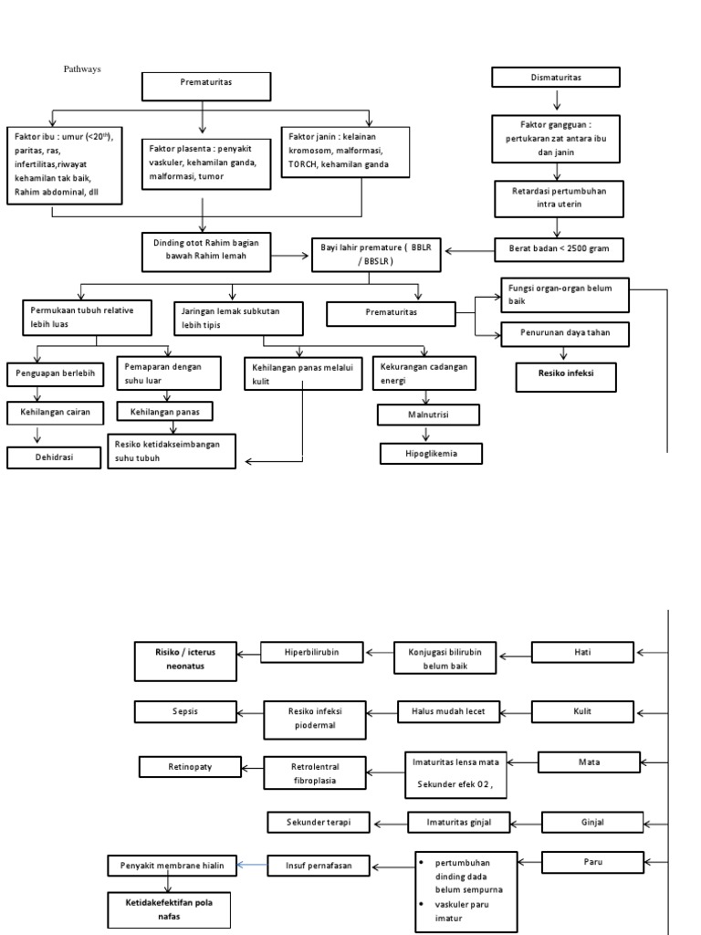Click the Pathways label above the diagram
point(81,68)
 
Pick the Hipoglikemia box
point(430,453)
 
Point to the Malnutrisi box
point(428,415)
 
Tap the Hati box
point(581,652)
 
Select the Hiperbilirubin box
point(311,652)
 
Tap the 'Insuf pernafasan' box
point(318,865)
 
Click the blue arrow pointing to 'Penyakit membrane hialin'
point(250,865)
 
